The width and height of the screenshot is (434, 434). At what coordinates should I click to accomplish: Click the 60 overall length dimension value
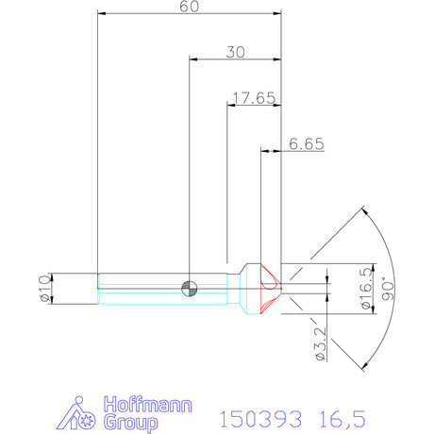[190, 7]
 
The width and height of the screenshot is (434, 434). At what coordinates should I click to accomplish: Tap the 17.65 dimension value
[253, 97]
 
